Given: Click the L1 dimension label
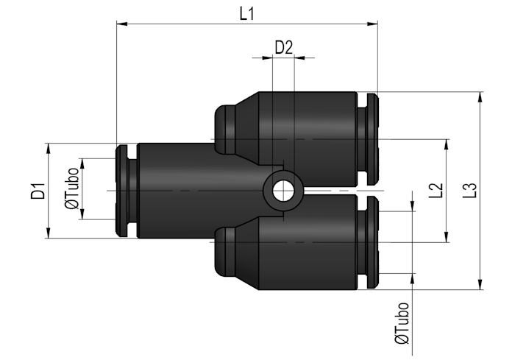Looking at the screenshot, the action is coord(247,14).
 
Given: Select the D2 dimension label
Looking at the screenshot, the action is coord(284,47).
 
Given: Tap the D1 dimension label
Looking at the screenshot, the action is coord(38,191).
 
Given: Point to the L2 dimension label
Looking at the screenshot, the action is coord(436,191).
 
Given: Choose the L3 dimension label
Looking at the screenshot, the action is coord(469,191).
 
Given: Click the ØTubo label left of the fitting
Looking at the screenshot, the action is coord(72,188).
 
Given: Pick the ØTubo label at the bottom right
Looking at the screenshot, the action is coord(402,323).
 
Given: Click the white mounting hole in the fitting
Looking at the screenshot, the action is coord(283,191).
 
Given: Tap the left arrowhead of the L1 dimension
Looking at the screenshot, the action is coord(122,24).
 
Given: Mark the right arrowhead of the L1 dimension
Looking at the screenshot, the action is coord(372,24).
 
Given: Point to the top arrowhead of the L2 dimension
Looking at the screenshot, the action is coord(446,144).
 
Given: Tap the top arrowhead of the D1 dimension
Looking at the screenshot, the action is coord(49,149).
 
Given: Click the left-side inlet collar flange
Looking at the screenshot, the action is coord(121,191).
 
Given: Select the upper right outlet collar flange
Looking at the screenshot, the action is coord(373,139).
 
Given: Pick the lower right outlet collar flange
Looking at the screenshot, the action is coord(373,242).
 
